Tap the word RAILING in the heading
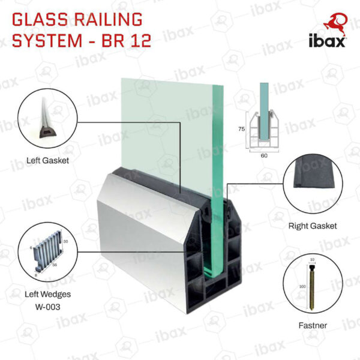[x=108, y=19]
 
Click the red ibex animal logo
[x=335, y=25]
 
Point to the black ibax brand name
[x=327, y=41]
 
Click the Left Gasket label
[x=47, y=160]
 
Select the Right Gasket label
[x=313, y=226]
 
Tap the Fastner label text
[x=313, y=325]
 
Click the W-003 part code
[x=48, y=307]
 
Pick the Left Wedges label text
[x=48, y=294]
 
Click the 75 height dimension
[x=241, y=129]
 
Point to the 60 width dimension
[x=264, y=155]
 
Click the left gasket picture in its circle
[x=47, y=119]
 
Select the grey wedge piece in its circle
[x=48, y=253]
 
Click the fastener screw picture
[x=312, y=287]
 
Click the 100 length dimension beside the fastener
[x=302, y=287]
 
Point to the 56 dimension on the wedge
[x=55, y=265]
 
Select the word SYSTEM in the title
[x=47, y=40]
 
